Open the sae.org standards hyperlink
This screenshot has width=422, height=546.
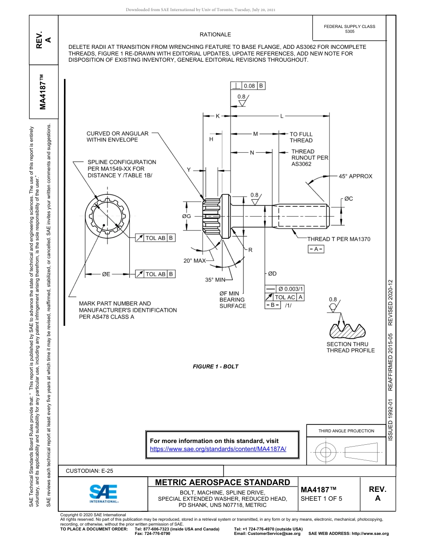(x=218, y=449)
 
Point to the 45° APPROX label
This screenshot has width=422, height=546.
(x=355, y=176)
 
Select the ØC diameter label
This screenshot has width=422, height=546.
(x=348, y=199)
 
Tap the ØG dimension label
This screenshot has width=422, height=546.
(x=187, y=216)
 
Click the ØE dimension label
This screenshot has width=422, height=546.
(x=106, y=274)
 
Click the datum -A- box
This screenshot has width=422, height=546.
(x=316, y=249)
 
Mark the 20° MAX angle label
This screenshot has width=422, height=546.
(x=195, y=261)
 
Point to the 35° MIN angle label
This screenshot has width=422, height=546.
(x=215, y=280)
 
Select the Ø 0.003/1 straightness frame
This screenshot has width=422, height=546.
(x=285, y=289)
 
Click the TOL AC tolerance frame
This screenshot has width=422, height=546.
(x=285, y=297)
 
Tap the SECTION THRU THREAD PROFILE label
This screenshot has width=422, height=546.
(x=350, y=347)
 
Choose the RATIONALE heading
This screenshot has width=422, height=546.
(x=215, y=34)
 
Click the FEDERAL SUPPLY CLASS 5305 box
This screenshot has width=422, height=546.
(x=350, y=29)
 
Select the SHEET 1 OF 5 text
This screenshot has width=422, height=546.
(x=322, y=498)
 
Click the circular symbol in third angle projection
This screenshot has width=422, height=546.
(x=326, y=452)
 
